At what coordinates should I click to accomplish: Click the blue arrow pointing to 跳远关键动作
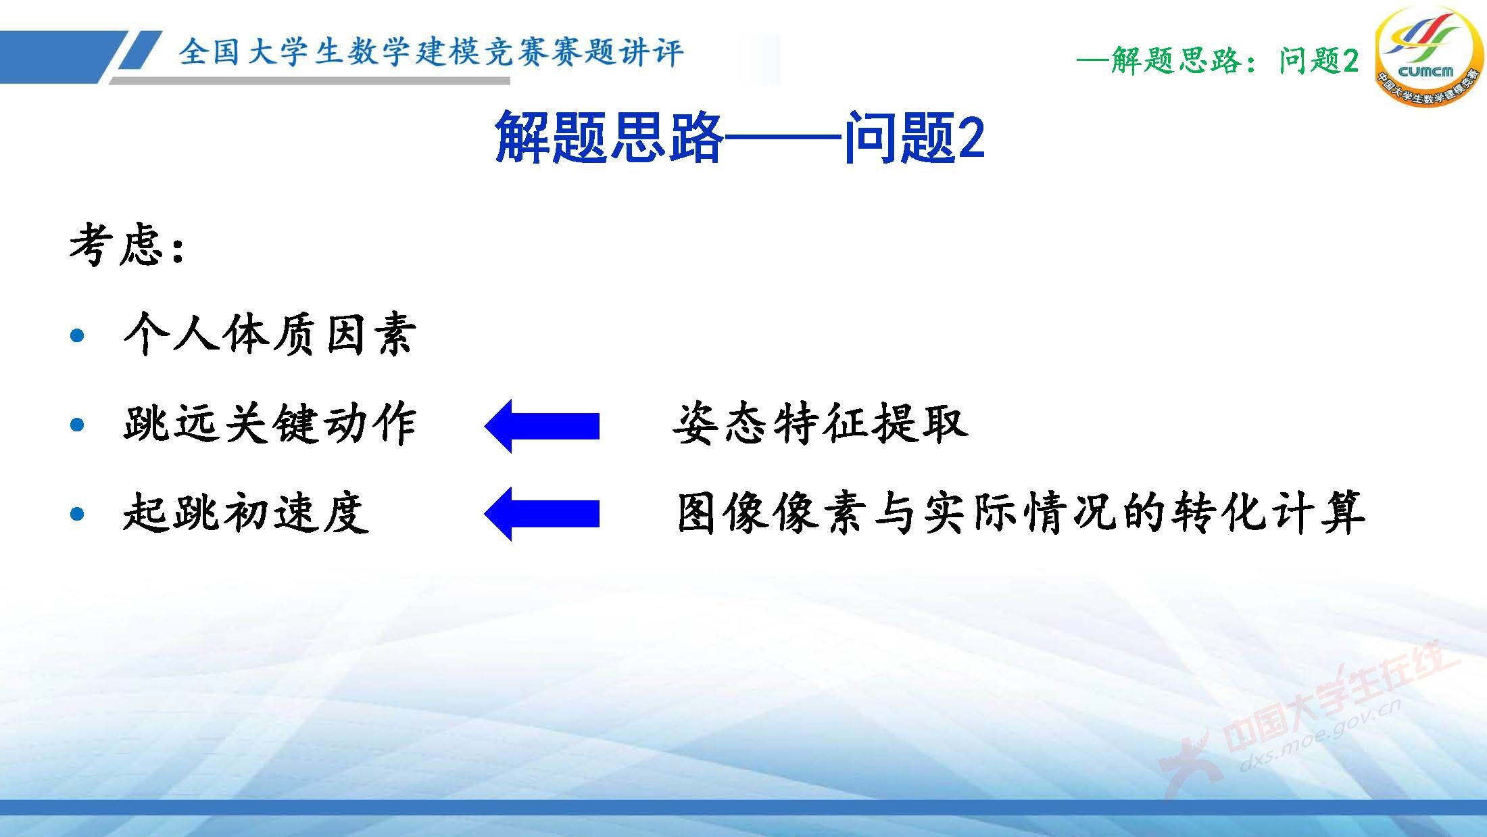(x=541, y=426)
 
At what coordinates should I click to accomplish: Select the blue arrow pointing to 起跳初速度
(x=541, y=513)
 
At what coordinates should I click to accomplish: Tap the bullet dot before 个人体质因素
(x=78, y=335)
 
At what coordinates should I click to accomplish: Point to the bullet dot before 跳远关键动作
(x=78, y=425)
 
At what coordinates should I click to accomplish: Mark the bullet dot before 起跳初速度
(x=78, y=513)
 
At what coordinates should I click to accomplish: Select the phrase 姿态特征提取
(x=821, y=425)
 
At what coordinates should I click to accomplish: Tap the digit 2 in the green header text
(x=1350, y=62)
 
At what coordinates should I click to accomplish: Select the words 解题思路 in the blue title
(x=609, y=137)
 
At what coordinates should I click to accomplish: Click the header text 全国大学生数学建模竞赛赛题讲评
(x=431, y=53)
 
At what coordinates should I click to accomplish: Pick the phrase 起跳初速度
(x=246, y=513)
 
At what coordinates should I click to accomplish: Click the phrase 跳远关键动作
(x=270, y=425)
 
